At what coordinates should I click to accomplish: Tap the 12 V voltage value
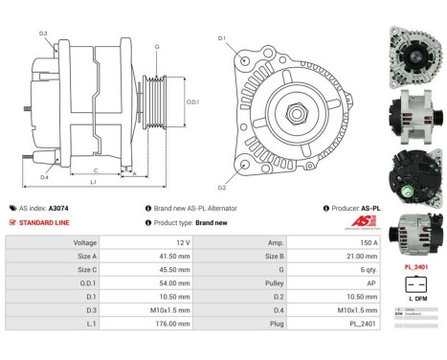[166, 243]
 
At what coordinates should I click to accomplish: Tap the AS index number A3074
[59, 208]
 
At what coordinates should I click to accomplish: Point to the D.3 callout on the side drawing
[44, 34]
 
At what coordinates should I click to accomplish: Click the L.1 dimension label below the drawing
[93, 182]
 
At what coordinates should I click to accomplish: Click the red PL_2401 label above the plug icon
[414, 267]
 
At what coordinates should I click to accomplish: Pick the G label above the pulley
[156, 46]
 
